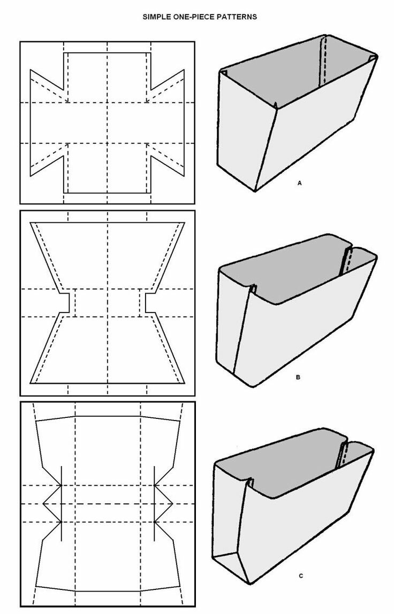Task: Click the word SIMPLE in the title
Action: click(154, 17)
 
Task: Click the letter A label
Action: click(299, 183)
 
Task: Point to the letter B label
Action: click(298, 377)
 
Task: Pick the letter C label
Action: click(301, 576)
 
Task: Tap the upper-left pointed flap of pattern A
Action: click(47, 84)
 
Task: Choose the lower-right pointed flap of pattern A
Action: click(166, 161)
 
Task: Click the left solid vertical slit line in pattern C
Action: click(61, 503)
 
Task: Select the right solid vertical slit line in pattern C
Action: click(154, 503)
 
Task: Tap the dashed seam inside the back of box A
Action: click(323, 61)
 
